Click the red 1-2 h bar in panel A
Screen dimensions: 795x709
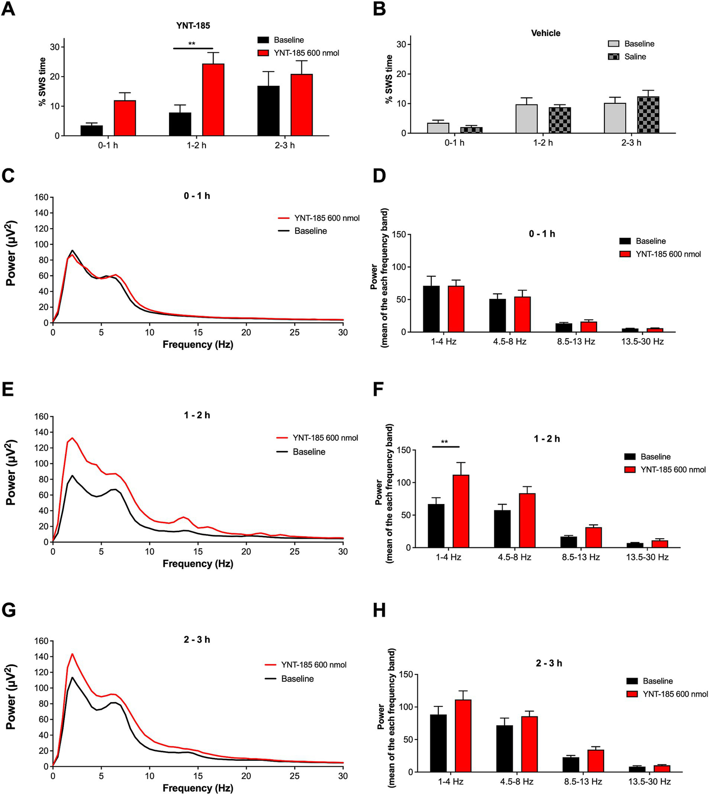click(x=213, y=100)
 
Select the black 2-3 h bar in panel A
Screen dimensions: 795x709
click(x=268, y=111)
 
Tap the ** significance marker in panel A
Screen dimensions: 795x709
click(x=192, y=44)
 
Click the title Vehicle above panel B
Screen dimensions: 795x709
click(x=545, y=33)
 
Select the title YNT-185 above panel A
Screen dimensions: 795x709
click(x=193, y=26)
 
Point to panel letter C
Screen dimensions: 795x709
click(x=8, y=176)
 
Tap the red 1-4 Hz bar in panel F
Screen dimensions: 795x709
click(x=461, y=511)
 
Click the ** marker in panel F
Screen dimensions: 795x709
click(x=444, y=442)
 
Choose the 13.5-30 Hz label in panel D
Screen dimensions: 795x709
click(x=642, y=342)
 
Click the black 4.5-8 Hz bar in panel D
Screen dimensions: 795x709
click(x=497, y=316)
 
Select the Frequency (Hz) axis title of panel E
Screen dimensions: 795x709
click(x=198, y=564)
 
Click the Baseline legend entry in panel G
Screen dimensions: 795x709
click(x=297, y=679)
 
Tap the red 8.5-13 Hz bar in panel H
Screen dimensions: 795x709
click(x=595, y=761)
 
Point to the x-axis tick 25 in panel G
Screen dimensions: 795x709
click(x=295, y=777)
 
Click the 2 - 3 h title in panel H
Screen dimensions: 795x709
click(x=549, y=663)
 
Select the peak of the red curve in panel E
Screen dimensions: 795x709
click(x=72, y=438)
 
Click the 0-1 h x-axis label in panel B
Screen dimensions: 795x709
click(x=454, y=143)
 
